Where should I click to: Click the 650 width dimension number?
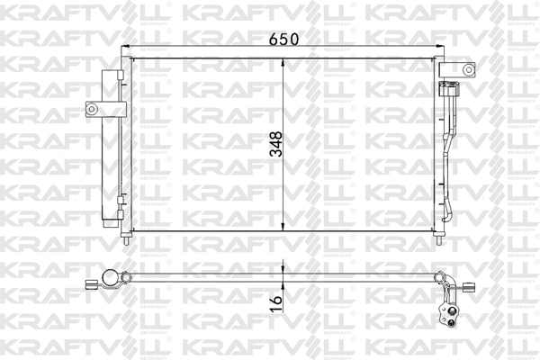click(283, 39)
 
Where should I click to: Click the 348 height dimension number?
click(275, 145)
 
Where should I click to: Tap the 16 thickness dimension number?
click(275, 297)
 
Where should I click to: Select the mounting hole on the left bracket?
click(91, 109)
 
